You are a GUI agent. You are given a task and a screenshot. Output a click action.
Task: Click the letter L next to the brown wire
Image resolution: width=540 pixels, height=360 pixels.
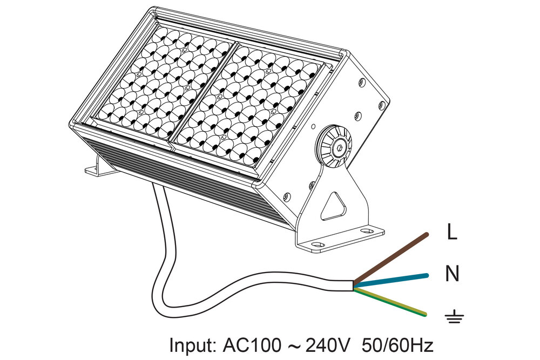[453, 233]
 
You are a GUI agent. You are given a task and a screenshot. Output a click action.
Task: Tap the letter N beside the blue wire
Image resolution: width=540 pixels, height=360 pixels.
[452, 274]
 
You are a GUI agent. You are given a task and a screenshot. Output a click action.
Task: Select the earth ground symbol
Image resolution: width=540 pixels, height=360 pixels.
[453, 317]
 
